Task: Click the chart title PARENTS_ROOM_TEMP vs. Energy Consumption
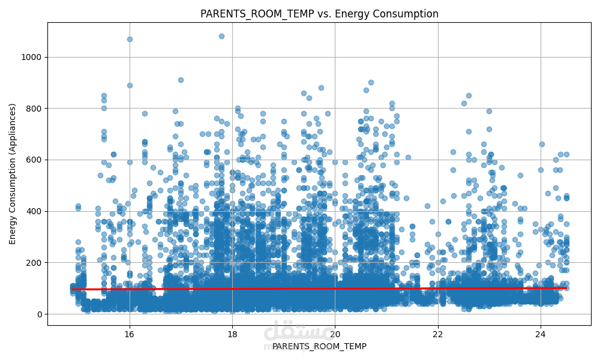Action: tap(319, 14)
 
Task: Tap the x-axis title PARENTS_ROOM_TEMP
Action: tap(319, 346)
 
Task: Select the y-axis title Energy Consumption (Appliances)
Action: tap(13, 173)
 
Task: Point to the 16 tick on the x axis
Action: tap(130, 334)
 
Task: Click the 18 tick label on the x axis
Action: tap(232, 334)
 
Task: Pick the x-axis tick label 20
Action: tap(335, 334)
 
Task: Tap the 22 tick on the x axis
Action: tap(438, 334)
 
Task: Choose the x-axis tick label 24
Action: tap(541, 334)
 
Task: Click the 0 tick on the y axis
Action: tap(40, 314)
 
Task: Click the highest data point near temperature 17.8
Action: tap(221, 36)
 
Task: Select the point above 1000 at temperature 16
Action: tap(130, 39)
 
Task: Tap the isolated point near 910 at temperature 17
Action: tap(181, 80)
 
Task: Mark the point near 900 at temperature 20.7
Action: tap(371, 83)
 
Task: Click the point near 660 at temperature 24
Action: tap(542, 144)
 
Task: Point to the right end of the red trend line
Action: tap(566, 288)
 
